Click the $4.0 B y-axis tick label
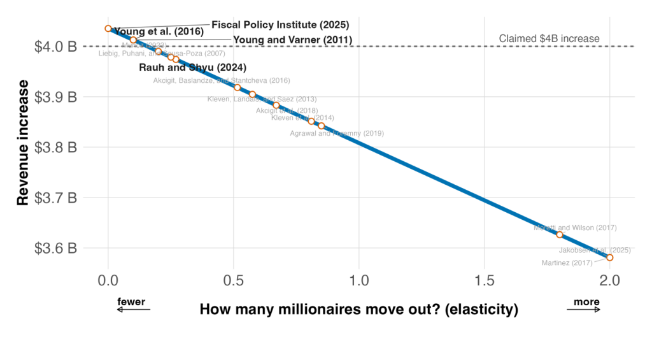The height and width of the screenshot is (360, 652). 55,47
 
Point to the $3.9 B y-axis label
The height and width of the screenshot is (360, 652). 55,97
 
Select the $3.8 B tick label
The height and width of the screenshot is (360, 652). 55,147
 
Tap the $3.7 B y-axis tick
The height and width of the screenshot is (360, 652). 55,198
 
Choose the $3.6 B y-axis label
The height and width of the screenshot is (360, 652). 55,248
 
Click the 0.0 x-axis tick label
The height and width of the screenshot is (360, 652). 108,281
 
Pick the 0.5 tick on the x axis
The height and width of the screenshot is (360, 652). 234,281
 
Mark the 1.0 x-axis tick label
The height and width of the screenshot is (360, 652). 359,281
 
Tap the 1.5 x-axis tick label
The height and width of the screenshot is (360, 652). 485,281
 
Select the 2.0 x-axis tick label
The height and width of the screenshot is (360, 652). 610,281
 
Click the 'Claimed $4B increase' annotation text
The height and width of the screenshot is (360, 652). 549,39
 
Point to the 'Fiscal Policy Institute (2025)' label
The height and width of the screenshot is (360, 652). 280,25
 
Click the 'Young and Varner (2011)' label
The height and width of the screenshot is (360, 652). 292,40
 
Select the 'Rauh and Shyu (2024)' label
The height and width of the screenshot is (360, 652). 192,67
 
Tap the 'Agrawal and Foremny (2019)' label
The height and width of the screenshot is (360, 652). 337,134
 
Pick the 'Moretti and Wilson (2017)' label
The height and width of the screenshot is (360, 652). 575,227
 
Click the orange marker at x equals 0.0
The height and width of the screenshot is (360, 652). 108,29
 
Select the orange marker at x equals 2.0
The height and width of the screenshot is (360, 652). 610,257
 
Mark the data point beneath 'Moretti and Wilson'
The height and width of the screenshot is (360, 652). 560,234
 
